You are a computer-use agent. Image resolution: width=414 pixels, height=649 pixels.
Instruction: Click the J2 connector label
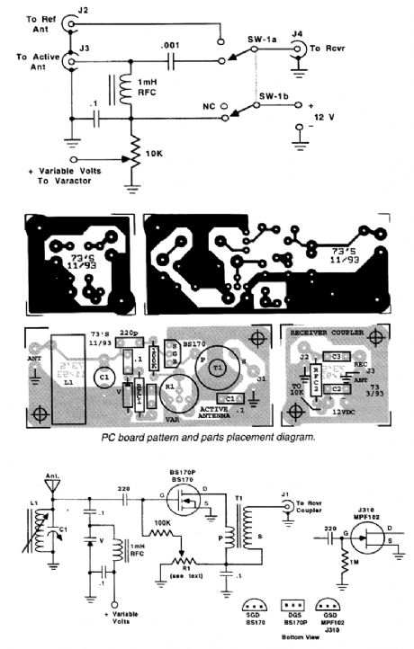point(84,9)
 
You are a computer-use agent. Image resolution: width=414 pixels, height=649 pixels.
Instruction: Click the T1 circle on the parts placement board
point(217,368)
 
